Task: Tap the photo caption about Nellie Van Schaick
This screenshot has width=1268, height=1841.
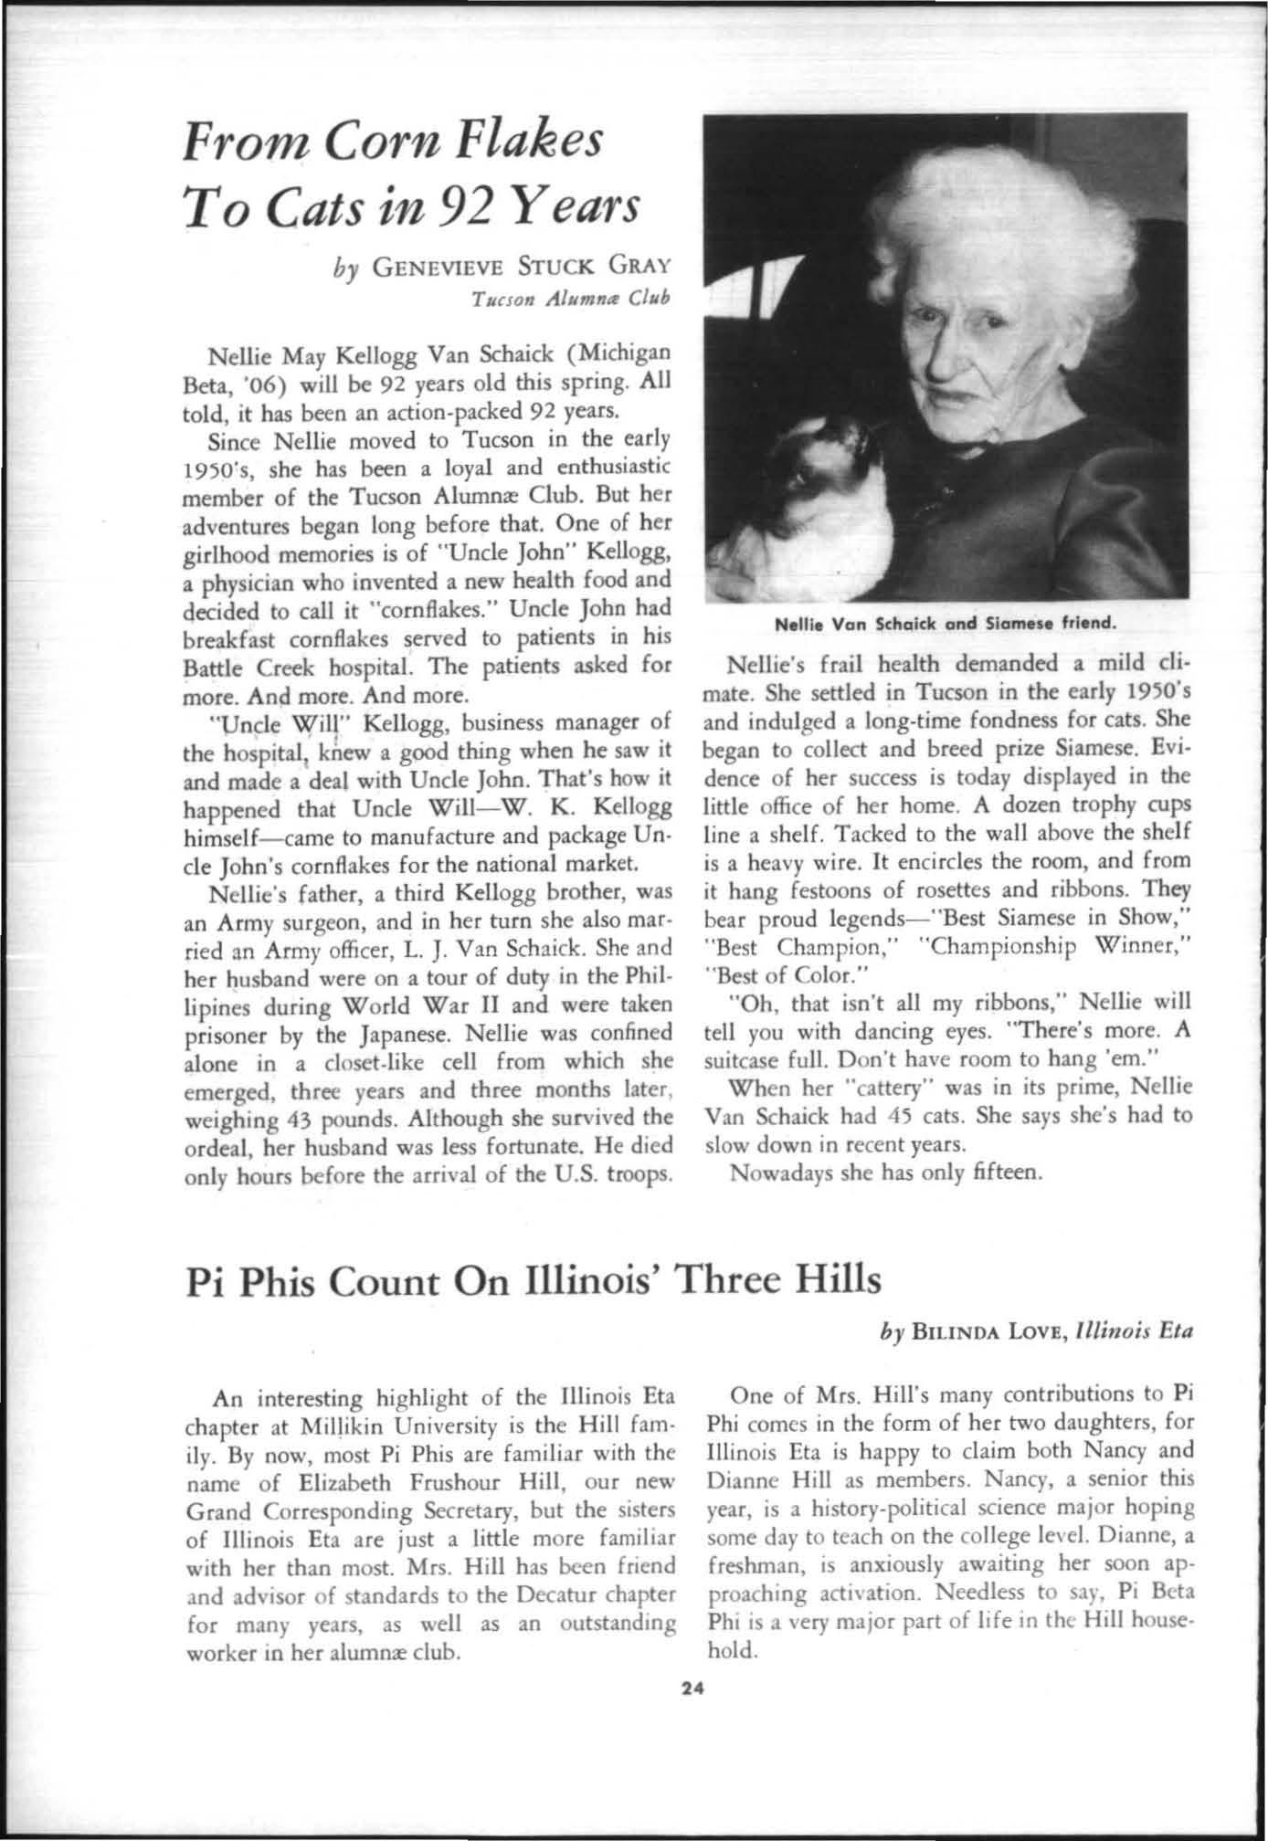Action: click(x=946, y=626)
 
